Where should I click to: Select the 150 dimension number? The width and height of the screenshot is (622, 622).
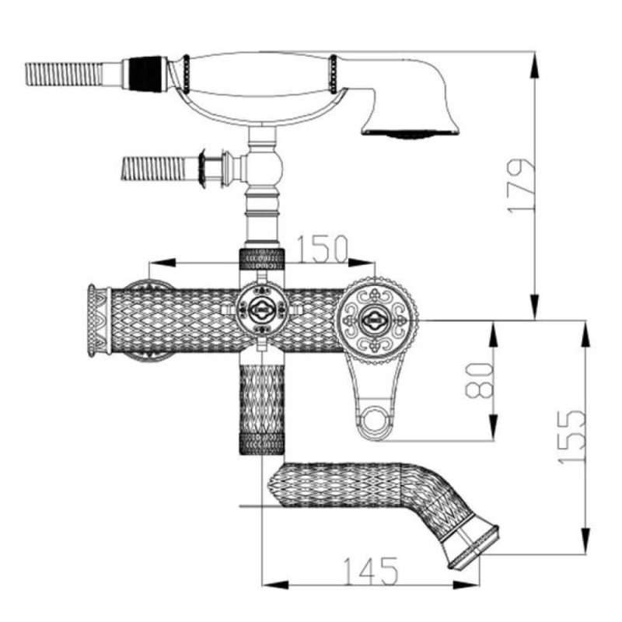322,250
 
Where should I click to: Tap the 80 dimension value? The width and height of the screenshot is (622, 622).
479,380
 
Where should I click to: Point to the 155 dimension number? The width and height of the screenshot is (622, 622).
571,437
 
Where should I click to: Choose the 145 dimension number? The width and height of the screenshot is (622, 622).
371,571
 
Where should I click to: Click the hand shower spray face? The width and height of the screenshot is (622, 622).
411,134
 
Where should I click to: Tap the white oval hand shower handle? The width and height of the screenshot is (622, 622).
260,75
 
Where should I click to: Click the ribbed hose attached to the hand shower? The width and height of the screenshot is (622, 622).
64,74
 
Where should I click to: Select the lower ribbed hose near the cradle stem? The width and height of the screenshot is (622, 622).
153,169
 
